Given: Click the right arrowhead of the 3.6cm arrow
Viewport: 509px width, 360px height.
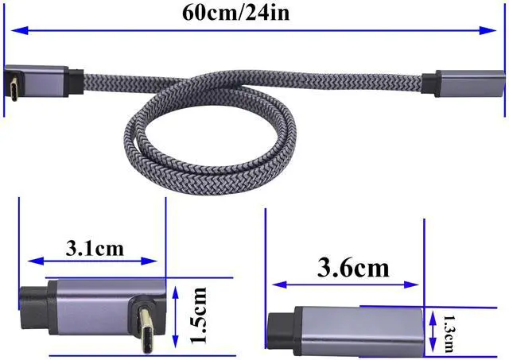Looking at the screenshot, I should click(415, 284).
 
